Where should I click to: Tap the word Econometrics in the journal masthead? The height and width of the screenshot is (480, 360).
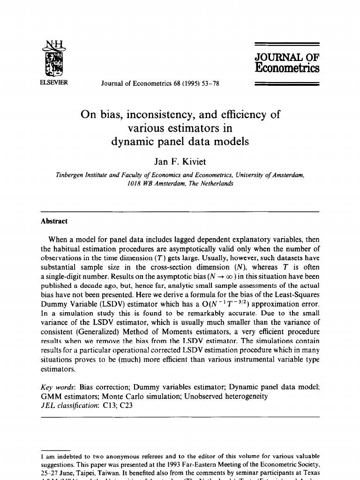point(286,68)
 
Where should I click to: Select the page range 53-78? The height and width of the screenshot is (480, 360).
point(209,84)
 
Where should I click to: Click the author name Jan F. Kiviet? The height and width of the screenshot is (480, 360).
point(180,162)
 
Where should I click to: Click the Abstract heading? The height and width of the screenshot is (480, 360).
point(54,221)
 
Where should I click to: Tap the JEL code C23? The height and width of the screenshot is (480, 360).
point(125,405)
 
